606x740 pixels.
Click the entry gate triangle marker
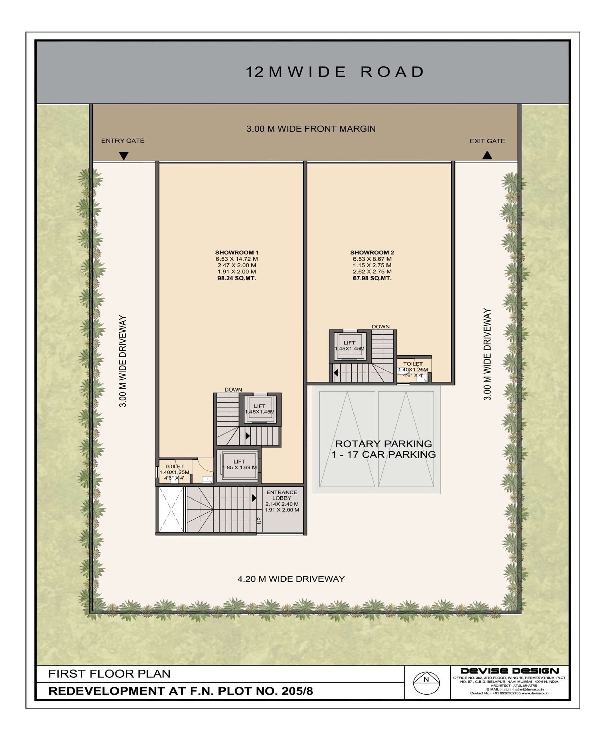coord(124,156)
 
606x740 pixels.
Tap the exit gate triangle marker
coord(487,155)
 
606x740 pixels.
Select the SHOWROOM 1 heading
coord(237,252)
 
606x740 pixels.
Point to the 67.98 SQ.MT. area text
coord(372,278)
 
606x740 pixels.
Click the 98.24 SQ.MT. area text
coord(237,278)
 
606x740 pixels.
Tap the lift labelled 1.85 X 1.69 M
coord(239,466)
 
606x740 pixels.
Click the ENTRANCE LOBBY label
coord(282,495)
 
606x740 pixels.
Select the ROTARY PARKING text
coord(384,444)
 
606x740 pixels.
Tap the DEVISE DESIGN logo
coord(509,671)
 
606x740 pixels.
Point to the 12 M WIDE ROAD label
coord(335,72)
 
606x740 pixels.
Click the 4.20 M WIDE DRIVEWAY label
coord(291,579)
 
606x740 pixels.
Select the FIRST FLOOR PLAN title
coord(109,673)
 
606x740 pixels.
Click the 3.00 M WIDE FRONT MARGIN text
coord(311,129)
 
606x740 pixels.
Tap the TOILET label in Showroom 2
coord(413,364)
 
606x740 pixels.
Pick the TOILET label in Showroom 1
coord(174,466)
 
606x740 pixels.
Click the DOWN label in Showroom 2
coord(380,326)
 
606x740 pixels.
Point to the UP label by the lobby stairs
coord(259,520)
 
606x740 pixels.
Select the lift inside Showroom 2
coord(349,345)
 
